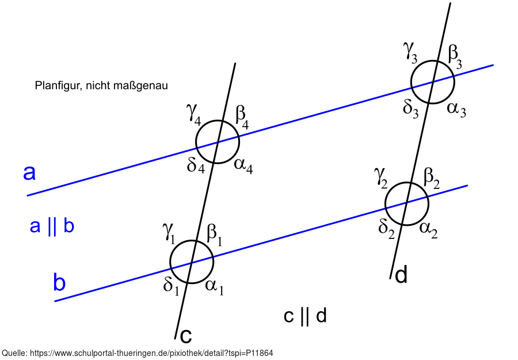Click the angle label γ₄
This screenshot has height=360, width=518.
coord(194,113)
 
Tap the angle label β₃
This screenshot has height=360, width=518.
coord(455,55)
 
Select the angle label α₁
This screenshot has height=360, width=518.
coord(214,286)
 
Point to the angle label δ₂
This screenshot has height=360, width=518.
coord(386,227)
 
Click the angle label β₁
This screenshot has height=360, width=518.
coord(214,233)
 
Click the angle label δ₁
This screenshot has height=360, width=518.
coord(172,285)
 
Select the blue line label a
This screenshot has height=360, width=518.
coord(29,172)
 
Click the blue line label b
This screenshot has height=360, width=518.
coord(59,283)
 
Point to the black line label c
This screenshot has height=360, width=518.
coord(186,335)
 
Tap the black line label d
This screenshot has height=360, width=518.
coord(401,275)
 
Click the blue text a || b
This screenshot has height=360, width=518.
coord(52,227)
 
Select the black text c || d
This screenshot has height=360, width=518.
coord(306,316)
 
